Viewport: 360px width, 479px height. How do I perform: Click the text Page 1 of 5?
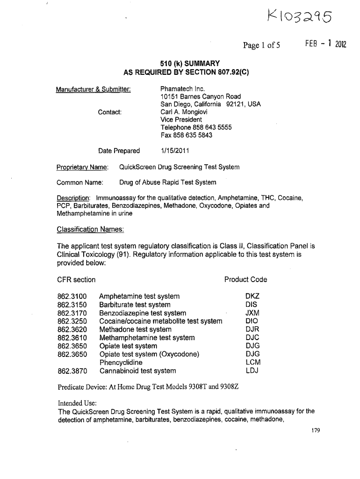click(x=261, y=45)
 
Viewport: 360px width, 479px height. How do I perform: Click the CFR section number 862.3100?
click(x=72, y=296)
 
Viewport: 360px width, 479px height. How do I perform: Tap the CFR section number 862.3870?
click(x=72, y=371)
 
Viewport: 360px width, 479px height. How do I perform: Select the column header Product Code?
click(x=245, y=280)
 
